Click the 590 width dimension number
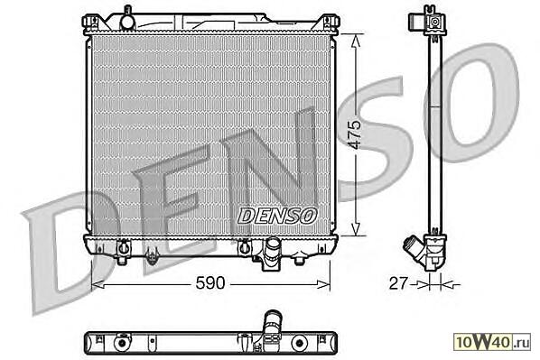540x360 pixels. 210,283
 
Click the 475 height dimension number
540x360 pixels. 355,134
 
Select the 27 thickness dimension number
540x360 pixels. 397,283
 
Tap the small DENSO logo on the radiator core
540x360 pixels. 277,216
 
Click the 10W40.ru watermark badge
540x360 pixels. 492,342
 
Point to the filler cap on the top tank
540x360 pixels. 127,20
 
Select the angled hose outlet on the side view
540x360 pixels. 415,249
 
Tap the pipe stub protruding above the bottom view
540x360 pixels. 273,322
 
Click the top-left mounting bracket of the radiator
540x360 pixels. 90,23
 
